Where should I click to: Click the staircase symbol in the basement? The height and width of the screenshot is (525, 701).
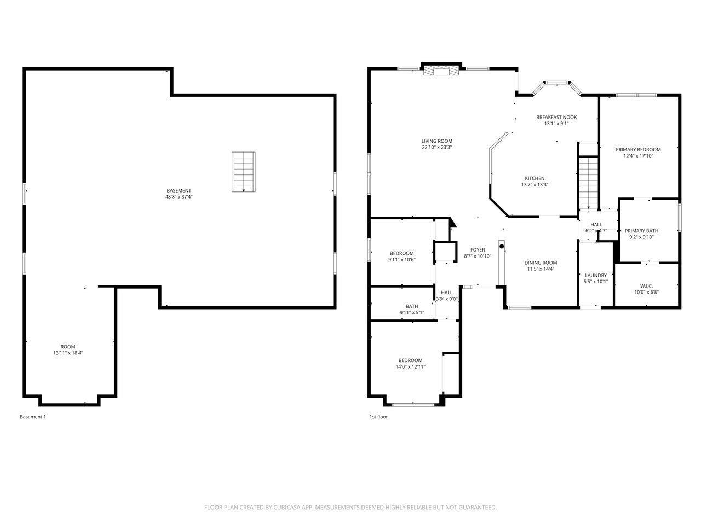point(244,172)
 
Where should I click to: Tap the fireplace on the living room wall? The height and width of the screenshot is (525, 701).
point(441,71)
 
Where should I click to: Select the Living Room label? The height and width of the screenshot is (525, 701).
point(436,141)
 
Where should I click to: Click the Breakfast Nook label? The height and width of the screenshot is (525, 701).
point(556,117)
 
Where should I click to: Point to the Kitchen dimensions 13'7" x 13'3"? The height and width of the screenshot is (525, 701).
point(535,185)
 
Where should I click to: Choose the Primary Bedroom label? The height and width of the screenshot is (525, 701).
point(638,149)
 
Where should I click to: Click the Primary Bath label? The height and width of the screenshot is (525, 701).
point(641,231)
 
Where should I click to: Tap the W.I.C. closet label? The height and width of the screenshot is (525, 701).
point(646,285)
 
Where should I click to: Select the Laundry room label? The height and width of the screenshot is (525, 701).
point(595,275)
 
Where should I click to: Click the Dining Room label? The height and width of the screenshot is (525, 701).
point(541,262)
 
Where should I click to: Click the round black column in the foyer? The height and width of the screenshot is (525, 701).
point(501,247)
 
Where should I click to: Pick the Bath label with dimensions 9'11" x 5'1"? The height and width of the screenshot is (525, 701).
point(412,306)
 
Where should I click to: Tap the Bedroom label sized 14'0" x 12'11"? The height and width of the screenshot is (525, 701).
point(410,360)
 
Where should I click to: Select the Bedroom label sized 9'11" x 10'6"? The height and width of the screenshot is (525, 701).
point(402,253)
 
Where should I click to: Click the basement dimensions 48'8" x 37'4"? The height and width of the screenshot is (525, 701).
point(179,197)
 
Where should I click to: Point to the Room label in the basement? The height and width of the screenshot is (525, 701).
point(68,347)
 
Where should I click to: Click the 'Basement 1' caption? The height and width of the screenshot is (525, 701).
point(33,417)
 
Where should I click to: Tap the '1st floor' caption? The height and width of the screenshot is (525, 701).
point(378,417)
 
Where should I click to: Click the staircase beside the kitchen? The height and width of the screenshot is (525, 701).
point(588,180)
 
